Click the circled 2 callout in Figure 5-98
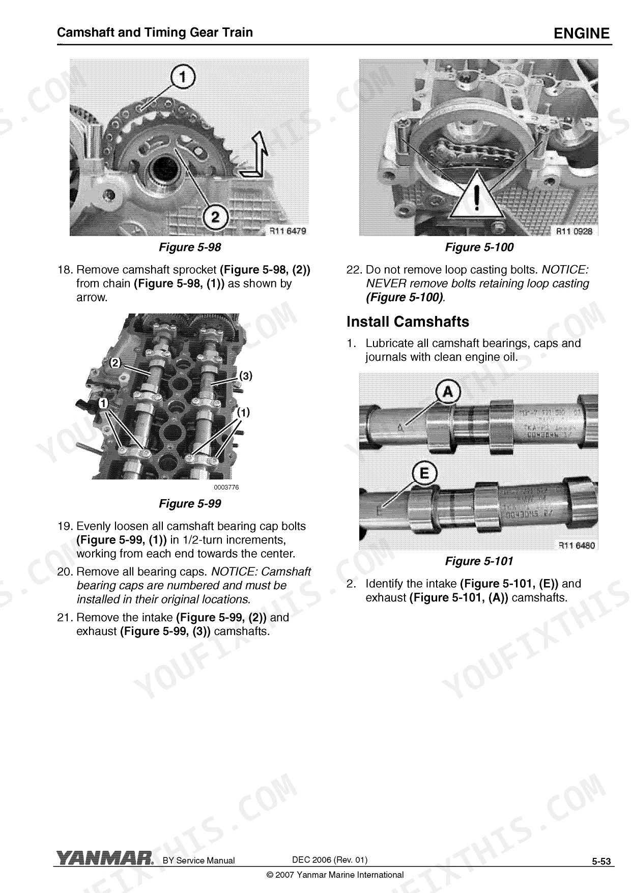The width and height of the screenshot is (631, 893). (216, 217)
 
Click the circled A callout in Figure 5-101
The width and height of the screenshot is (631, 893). (448, 392)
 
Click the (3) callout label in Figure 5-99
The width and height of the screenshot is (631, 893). (246, 376)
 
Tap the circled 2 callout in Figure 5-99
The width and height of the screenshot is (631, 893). (116, 363)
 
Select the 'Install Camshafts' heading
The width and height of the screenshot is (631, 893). (408, 322)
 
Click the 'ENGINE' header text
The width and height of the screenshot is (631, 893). (581, 34)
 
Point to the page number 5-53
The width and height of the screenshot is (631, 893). (601, 861)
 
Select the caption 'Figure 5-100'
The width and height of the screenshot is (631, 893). (479, 247)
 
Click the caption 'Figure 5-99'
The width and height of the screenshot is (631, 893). (190, 503)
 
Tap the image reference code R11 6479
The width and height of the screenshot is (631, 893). (288, 231)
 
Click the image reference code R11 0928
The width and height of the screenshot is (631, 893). (574, 231)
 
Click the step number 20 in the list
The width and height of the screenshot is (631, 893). (65, 572)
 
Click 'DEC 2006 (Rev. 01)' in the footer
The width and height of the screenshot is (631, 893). (330, 859)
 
